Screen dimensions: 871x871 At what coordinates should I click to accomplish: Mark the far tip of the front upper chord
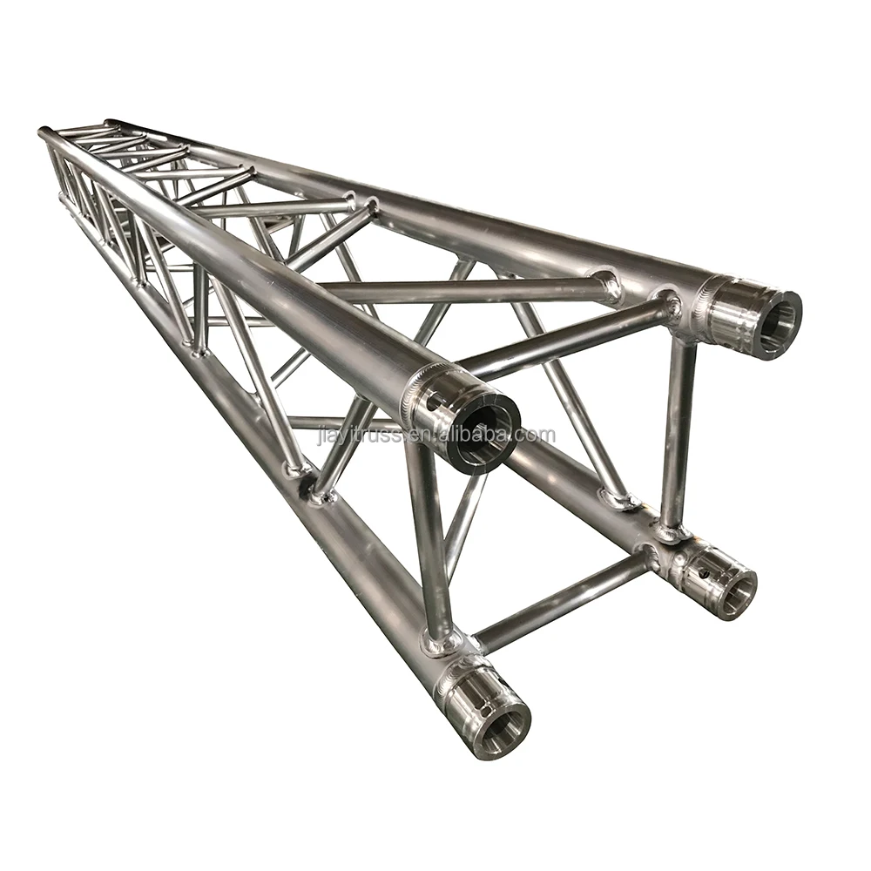(44, 133)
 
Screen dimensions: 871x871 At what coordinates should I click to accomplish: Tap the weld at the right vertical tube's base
(671, 531)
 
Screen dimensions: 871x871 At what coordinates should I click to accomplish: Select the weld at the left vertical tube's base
(441, 643)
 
